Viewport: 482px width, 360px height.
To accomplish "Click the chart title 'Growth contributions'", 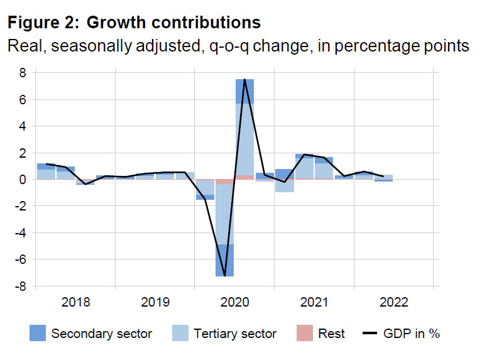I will [173, 23].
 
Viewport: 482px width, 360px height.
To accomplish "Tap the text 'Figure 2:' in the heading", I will [43, 23].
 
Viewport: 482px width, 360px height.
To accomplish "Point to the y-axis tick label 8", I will [22, 73].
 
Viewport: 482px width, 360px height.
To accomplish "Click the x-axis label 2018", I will [75, 302].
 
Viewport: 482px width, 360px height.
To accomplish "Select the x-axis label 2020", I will [234, 302].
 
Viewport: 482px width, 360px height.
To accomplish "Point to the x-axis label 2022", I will [393, 302].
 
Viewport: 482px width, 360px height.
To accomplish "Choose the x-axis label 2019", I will [155, 302].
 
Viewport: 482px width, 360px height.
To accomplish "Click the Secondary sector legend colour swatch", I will [37, 334].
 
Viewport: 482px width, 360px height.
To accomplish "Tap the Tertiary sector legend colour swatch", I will [181, 334].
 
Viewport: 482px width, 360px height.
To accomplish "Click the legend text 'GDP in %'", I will [412, 334].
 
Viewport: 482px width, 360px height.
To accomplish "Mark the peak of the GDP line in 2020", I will [244, 80].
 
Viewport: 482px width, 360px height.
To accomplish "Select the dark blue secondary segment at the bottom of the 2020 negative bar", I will [224, 260].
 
